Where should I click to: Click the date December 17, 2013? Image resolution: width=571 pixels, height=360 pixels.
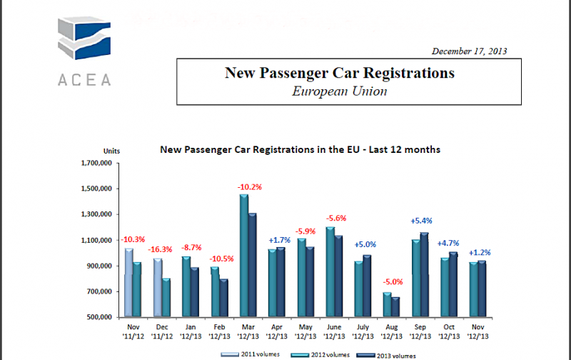coord(470,51)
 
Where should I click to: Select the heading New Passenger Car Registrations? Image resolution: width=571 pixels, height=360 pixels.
coord(340,73)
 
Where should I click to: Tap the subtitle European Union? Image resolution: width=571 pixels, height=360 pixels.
coord(340,91)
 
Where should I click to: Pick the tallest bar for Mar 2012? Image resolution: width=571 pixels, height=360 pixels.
coord(243,255)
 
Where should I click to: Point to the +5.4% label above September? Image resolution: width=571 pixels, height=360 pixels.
coord(423,221)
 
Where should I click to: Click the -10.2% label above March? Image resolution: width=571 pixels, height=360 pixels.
coord(250,187)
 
